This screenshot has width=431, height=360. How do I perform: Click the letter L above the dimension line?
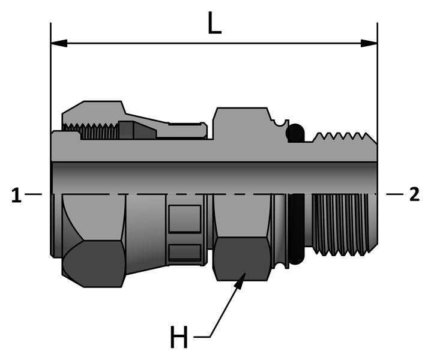coord(215,23)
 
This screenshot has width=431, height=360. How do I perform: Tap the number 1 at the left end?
coord(16,195)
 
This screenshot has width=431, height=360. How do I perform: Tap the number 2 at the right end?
coord(414,195)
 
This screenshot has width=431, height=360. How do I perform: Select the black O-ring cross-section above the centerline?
coord(295,133)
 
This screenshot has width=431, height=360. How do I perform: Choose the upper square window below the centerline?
coord(184,219)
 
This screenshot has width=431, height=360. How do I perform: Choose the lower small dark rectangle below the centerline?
coord(184,253)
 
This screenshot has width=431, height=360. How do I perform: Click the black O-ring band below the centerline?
coord(295,228)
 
